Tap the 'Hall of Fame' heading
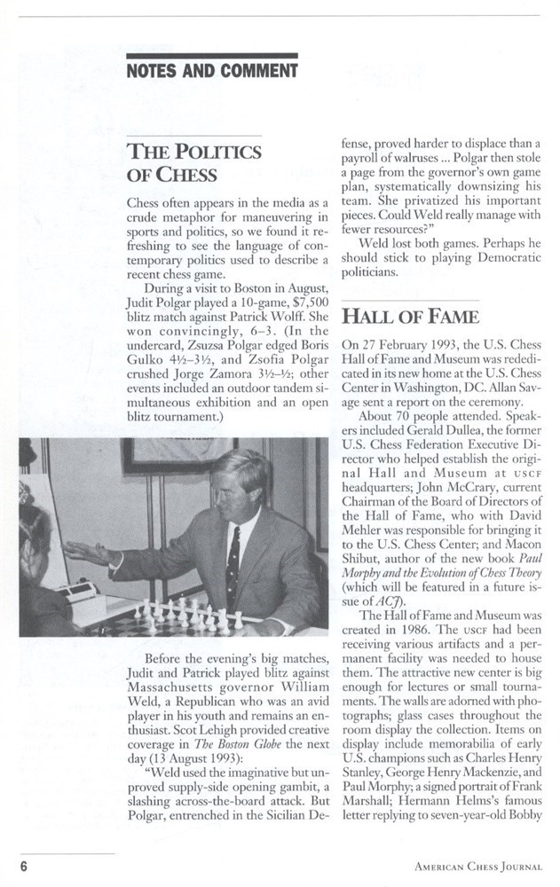pos(411,316)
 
